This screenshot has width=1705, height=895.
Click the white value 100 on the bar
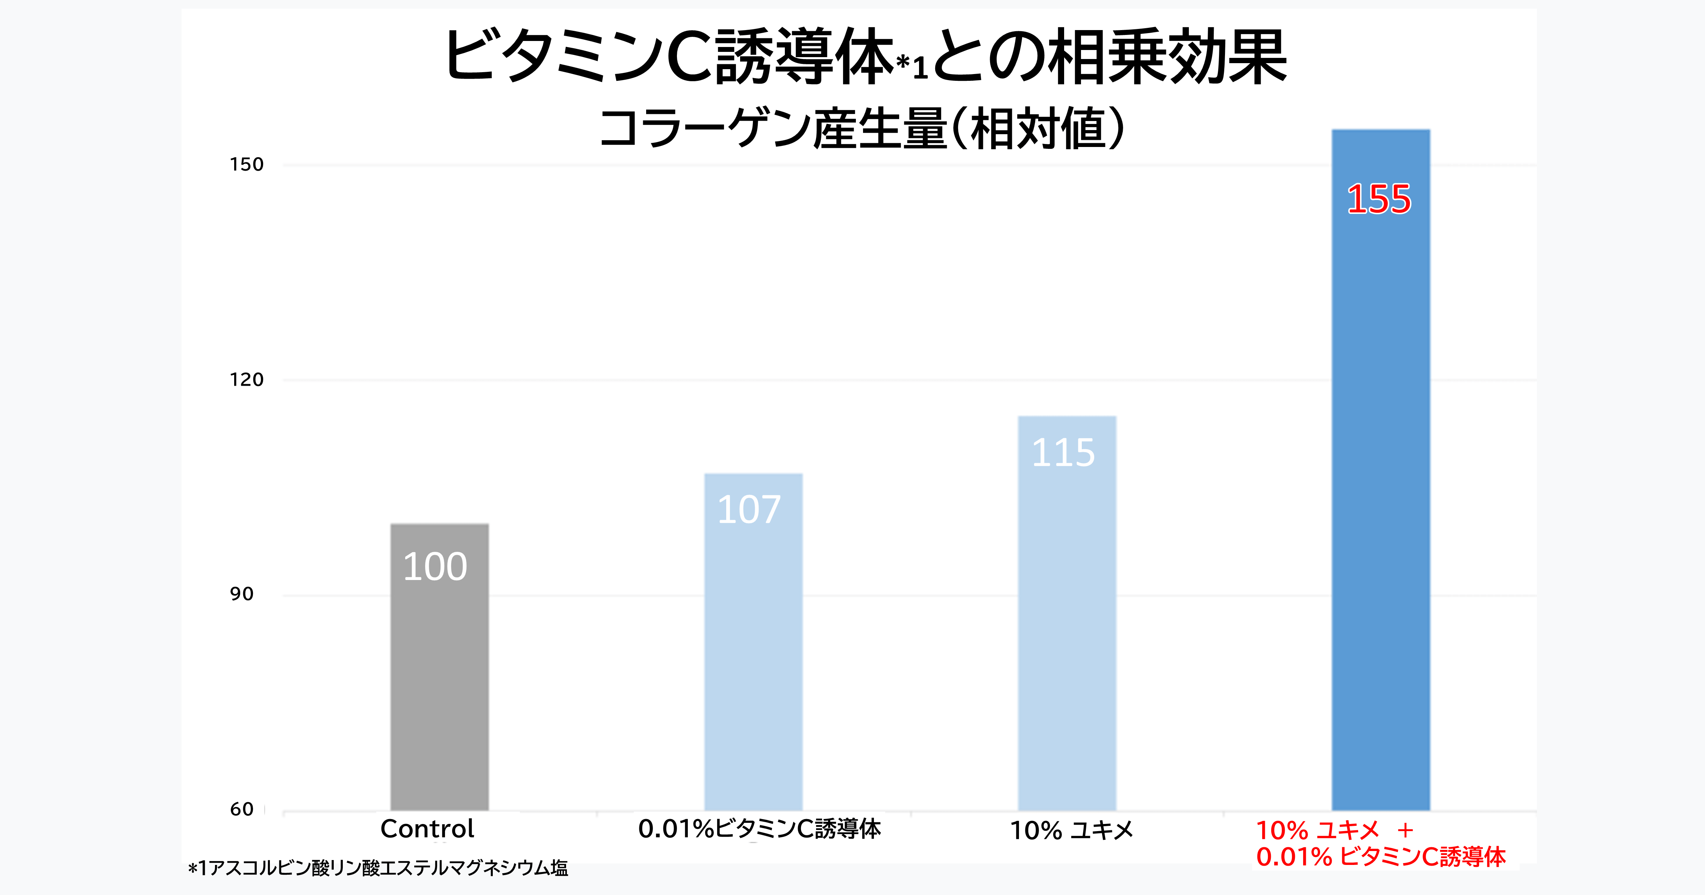tap(435, 566)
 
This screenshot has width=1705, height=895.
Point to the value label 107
tap(749, 510)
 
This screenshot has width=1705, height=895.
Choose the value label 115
tap(1063, 453)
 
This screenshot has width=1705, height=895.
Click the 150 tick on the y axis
tap(246, 164)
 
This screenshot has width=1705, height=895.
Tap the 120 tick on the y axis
tap(246, 379)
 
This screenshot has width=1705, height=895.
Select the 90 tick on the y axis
tap(242, 594)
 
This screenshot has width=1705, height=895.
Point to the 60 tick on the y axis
tap(242, 809)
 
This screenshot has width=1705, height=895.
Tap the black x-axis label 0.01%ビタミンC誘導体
tap(759, 829)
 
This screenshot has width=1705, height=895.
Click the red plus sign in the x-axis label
tap(1405, 830)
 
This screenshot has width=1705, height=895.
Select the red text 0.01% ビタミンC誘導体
tap(1381, 857)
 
